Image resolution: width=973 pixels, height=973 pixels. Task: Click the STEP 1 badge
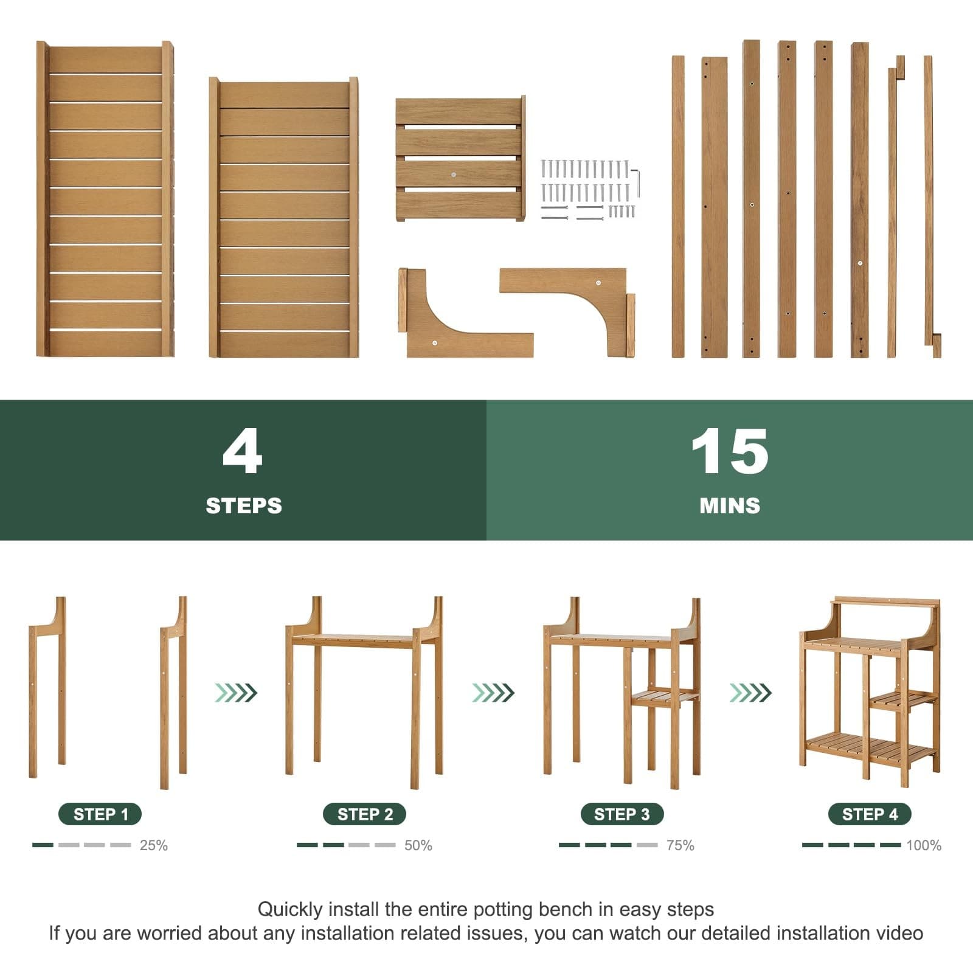pyautogui.click(x=100, y=814)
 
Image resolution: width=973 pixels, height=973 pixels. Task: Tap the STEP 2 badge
pyautogui.click(x=364, y=814)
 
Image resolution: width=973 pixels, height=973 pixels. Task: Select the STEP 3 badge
pyautogui.click(x=622, y=814)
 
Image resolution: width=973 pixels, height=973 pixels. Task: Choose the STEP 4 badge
pyautogui.click(x=870, y=814)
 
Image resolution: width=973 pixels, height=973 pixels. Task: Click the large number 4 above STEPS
pyautogui.click(x=243, y=451)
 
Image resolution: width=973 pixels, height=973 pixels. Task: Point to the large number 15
pyautogui.click(x=729, y=451)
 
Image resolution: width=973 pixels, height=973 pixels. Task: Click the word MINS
pyautogui.click(x=730, y=506)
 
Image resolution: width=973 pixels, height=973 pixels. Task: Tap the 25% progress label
pyautogui.click(x=153, y=845)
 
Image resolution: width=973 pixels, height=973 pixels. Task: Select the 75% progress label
pyautogui.click(x=680, y=845)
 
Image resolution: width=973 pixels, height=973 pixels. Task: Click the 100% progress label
pyautogui.click(x=923, y=845)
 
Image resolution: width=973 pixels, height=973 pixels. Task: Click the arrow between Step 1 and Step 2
pyautogui.click(x=236, y=693)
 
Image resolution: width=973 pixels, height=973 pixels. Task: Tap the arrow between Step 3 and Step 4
pyautogui.click(x=750, y=693)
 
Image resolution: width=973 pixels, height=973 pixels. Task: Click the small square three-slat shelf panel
pyautogui.click(x=460, y=159)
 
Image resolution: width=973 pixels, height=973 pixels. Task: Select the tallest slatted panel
pyautogui.click(x=105, y=199)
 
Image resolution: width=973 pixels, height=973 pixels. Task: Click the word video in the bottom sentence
pyautogui.click(x=899, y=933)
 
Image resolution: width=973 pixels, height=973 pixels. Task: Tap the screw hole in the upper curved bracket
pyautogui.click(x=598, y=283)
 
